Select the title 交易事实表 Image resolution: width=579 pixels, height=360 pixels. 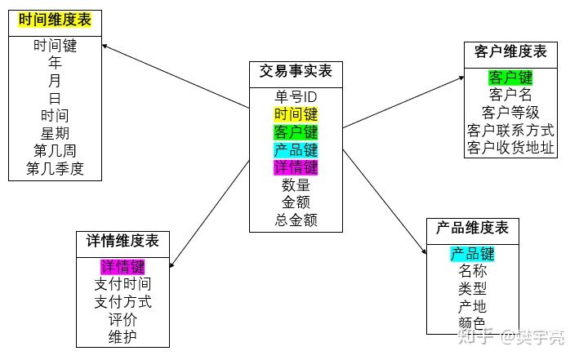[x=296, y=73]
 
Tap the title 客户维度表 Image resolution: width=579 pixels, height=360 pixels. [x=510, y=52]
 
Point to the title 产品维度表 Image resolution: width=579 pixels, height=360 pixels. [x=472, y=228]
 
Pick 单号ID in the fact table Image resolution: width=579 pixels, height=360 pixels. [x=296, y=97]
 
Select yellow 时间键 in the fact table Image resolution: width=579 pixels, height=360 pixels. [x=296, y=114]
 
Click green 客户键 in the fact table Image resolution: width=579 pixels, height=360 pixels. [x=296, y=132]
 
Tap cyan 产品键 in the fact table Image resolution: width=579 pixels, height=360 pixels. [x=296, y=149]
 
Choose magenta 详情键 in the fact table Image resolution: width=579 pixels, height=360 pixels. [x=296, y=167]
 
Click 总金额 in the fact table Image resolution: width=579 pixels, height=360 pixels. [x=296, y=220]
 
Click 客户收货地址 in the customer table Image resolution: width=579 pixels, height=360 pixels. [x=510, y=148]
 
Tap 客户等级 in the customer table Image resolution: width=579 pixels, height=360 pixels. [x=510, y=113]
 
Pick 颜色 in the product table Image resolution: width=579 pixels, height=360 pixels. [x=472, y=323]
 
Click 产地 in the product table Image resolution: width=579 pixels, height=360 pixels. [x=472, y=306]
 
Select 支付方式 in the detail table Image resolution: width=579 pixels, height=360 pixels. [x=122, y=301]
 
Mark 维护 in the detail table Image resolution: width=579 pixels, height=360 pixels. [x=122, y=336]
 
